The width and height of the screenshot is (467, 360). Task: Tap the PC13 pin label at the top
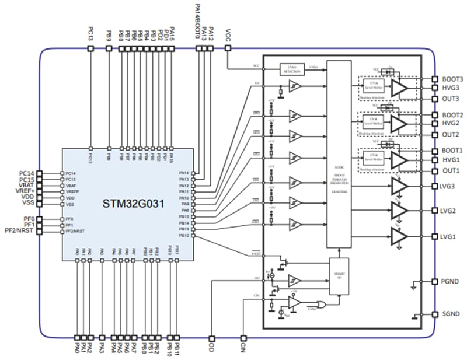90,33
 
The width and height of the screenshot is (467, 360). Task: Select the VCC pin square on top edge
228,49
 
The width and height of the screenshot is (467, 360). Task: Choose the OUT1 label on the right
450,171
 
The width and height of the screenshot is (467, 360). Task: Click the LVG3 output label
449,186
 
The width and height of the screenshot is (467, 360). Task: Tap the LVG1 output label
449,236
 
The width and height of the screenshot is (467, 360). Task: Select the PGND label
450,281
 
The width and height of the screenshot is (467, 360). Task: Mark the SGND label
450,314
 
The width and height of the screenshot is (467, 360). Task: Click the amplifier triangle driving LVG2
399,211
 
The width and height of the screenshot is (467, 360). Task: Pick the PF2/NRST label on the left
20,231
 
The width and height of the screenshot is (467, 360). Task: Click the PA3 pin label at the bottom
102,349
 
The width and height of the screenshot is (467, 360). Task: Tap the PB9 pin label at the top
109,34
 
